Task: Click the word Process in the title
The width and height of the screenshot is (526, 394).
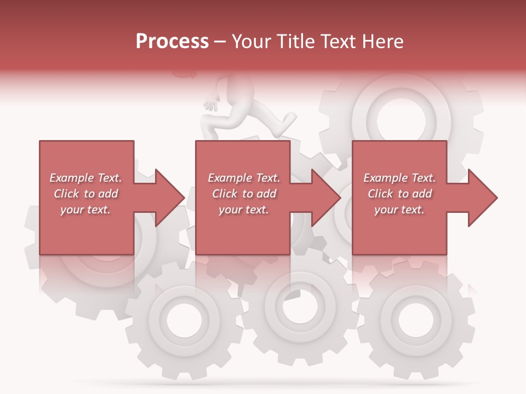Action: pyautogui.click(x=172, y=42)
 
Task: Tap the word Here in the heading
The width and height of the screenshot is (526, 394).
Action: pyautogui.click(x=382, y=42)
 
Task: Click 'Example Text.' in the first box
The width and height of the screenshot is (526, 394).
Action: pyautogui.click(x=85, y=178)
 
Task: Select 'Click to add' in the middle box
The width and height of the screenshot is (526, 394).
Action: pyautogui.click(x=244, y=194)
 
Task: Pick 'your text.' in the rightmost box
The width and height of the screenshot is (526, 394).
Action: pyautogui.click(x=399, y=210)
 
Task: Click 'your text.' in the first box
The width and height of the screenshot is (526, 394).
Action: pyautogui.click(x=85, y=210)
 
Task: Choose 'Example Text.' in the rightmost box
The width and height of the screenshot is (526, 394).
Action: pyautogui.click(x=399, y=178)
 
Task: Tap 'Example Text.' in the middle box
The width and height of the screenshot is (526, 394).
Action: pyautogui.click(x=244, y=178)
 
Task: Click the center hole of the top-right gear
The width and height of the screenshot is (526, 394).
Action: pyautogui.click(x=401, y=115)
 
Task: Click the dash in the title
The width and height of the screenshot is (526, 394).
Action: pyautogui.click(x=220, y=42)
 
